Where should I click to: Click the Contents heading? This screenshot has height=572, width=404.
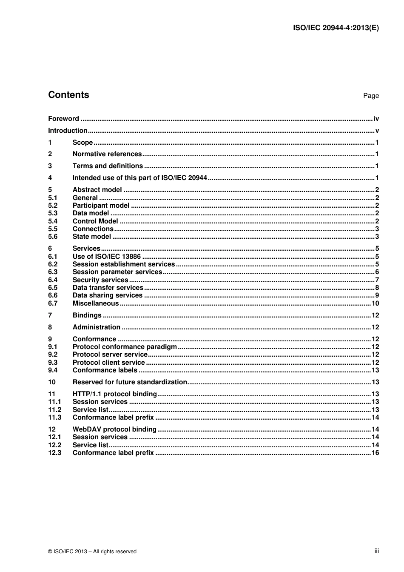[x=68, y=95]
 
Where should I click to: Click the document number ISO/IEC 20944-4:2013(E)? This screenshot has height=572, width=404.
[x=336, y=28]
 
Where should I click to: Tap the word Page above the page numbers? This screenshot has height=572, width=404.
[x=370, y=96]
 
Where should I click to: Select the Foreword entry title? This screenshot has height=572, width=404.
[x=63, y=119]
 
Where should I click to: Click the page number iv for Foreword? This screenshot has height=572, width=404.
[x=376, y=119]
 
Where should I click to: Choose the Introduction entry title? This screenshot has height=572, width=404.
[x=68, y=131]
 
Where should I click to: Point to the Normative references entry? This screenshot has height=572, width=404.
[x=107, y=154]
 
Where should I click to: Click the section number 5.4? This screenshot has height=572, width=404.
[x=53, y=221]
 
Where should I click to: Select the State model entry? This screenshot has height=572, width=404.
[x=91, y=237]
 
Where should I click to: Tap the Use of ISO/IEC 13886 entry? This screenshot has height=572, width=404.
[x=106, y=257]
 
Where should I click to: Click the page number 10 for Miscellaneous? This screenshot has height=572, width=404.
[x=375, y=303]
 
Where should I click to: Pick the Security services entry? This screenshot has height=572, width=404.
[x=100, y=280]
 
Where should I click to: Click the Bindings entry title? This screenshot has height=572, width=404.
[x=87, y=315]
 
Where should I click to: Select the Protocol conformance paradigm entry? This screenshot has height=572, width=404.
[x=125, y=347]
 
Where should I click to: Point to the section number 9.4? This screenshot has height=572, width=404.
[x=53, y=370]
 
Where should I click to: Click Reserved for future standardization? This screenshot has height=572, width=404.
[x=130, y=382]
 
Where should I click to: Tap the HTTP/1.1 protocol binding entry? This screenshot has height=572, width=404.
[x=115, y=394]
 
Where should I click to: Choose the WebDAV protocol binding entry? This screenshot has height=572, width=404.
[x=114, y=429]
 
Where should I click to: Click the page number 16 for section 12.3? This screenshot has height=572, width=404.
[x=375, y=453]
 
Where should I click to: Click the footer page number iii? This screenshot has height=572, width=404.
[x=376, y=551]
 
